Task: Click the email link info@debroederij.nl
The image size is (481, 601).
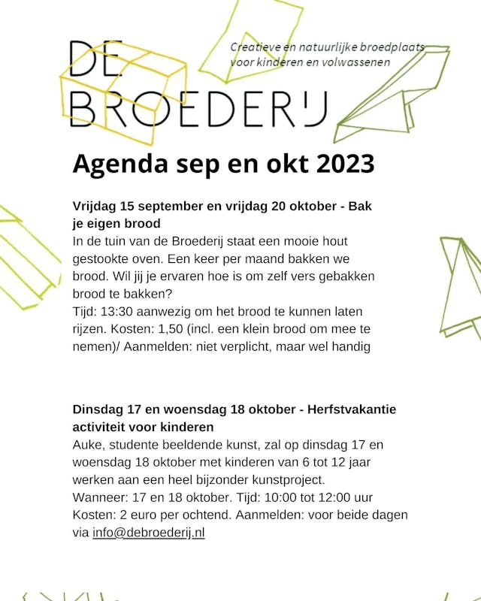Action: pyautogui.click(x=149, y=533)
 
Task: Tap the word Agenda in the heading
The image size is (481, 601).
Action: pyautogui.click(x=119, y=164)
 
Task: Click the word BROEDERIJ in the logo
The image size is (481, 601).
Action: pyautogui.click(x=198, y=110)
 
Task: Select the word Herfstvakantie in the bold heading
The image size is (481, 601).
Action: pyautogui.click(x=353, y=409)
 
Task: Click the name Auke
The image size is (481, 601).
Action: pyautogui.click(x=88, y=445)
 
